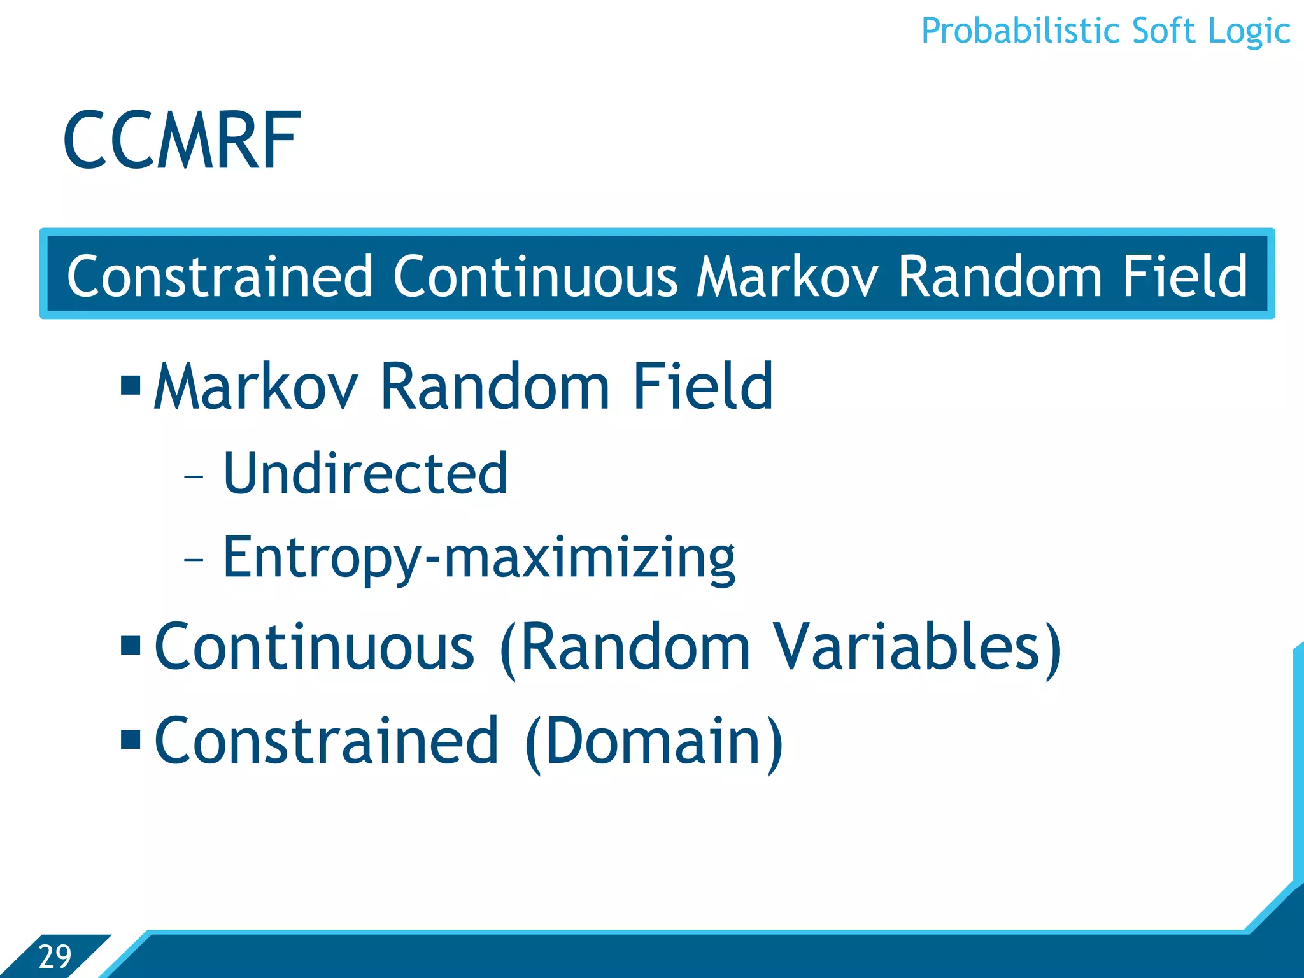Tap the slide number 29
(x=55, y=956)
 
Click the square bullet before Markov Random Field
(x=131, y=385)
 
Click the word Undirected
(x=365, y=473)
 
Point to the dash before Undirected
(x=194, y=476)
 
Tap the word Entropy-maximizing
(x=479, y=558)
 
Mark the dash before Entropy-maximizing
(x=194, y=560)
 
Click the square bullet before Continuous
(x=131, y=645)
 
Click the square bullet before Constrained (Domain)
(x=131, y=739)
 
